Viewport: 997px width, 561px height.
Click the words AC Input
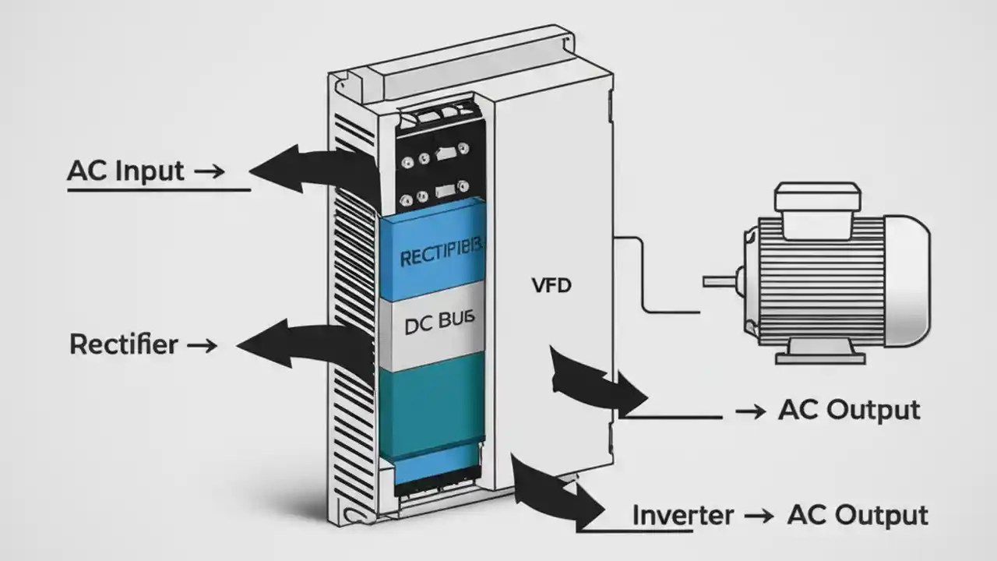coord(126,171)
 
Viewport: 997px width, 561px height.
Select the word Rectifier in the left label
coord(123,344)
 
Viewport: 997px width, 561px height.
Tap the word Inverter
coord(682,515)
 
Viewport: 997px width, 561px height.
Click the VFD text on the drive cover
coord(551,286)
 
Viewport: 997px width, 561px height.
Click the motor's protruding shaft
coord(720,280)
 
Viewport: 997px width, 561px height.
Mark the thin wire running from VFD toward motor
coord(643,273)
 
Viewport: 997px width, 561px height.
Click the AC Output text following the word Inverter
coord(858,515)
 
